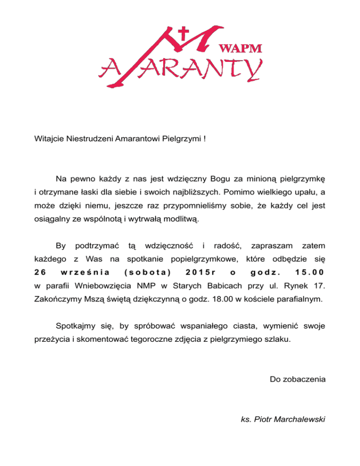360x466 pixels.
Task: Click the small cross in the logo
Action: click(184, 34)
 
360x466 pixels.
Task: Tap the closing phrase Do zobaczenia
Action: click(298, 379)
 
